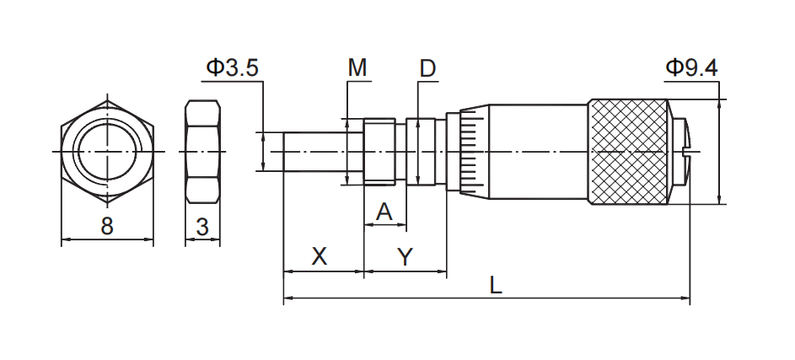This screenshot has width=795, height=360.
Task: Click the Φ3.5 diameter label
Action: (x=232, y=68)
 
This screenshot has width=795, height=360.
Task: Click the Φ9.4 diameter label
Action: (x=690, y=68)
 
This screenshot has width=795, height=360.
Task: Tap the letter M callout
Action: (x=358, y=68)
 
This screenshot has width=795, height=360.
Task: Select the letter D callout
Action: (x=427, y=68)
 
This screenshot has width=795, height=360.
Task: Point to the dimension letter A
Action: (x=384, y=212)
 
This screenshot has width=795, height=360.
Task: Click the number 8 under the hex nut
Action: (x=107, y=226)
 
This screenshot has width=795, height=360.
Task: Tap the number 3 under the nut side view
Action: (x=202, y=226)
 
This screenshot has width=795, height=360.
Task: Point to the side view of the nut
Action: (x=202, y=152)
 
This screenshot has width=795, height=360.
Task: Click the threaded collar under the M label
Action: (x=379, y=152)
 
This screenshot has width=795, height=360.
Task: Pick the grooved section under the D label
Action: (x=426, y=152)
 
